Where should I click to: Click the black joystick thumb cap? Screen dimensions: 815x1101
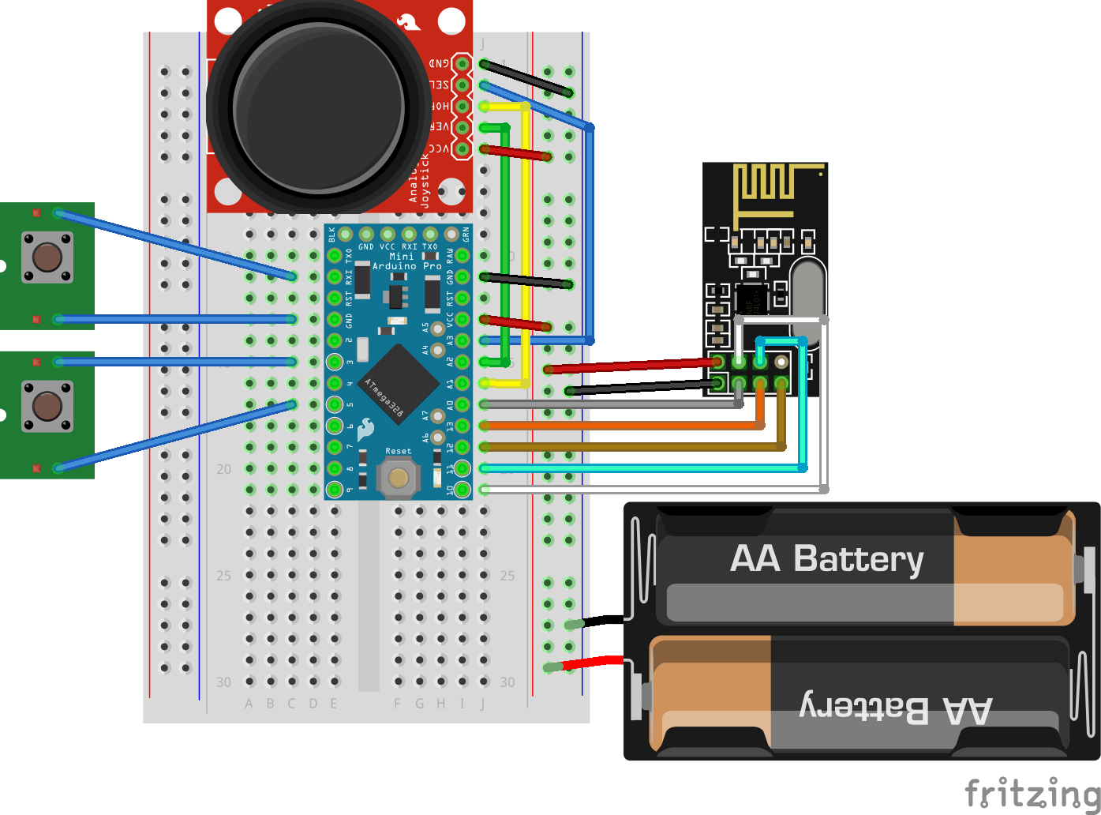pyautogui.click(x=319, y=106)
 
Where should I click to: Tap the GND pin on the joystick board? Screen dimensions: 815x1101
pyautogui.click(x=462, y=63)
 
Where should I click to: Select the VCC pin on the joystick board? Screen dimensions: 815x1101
pyautogui.click(x=462, y=148)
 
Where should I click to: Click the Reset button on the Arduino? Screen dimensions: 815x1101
pyautogui.click(x=398, y=478)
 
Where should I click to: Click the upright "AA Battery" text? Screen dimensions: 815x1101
pyautogui.click(x=826, y=559)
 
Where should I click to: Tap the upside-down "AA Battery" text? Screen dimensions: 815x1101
pyautogui.click(x=896, y=708)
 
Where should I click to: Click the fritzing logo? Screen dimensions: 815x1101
pyautogui.click(x=1032, y=792)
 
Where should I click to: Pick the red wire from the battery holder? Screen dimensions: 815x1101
pyautogui.click(x=592, y=663)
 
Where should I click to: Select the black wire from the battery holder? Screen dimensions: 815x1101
pyautogui.click(x=604, y=621)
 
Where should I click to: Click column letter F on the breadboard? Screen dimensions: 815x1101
pyautogui.click(x=398, y=703)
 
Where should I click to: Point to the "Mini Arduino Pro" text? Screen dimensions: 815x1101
pyautogui.click(x=406, y=261)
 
